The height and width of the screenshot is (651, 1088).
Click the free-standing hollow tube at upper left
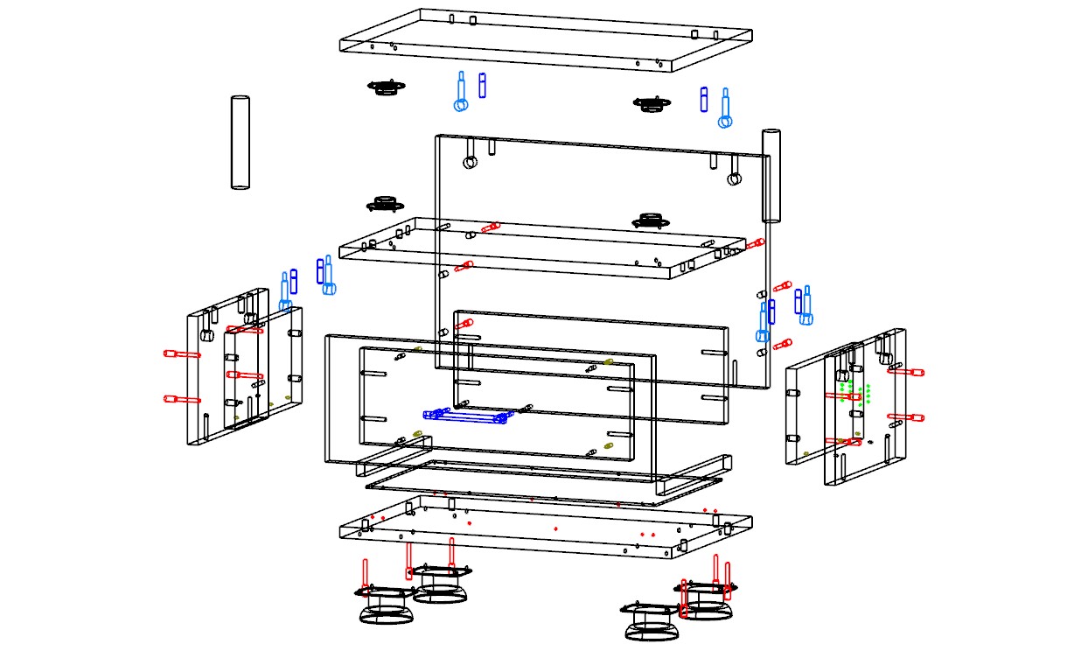click(241, 142)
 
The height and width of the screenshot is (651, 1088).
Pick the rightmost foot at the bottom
click(704, 599)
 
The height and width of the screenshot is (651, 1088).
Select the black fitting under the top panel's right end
click(650, 104)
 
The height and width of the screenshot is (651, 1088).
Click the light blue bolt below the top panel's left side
click(461, 93)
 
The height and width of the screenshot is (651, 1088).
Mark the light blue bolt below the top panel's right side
click(724, 108)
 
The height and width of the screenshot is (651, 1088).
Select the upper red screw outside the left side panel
click(181, 354)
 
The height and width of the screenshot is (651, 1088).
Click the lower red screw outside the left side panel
click(181, 399)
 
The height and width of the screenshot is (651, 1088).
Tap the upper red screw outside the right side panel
click(906, 371)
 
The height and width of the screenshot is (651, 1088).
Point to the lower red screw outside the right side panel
click(906, 417)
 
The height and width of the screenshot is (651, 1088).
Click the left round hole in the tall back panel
click(471, 163)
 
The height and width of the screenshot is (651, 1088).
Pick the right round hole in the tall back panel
click(734, 179)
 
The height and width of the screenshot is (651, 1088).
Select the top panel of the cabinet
click(545, 38)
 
